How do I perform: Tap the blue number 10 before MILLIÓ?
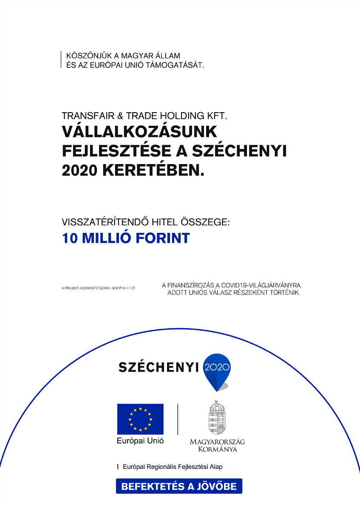tap(70, 238)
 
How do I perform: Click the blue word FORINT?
tap(162, 238)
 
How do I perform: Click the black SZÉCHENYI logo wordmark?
tap(159, 367)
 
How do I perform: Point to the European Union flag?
tap(140, 419)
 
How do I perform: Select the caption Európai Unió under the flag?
tap(140, 441)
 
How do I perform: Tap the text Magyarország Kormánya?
tap(217, 445)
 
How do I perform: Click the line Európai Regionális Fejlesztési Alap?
tap(172, 467)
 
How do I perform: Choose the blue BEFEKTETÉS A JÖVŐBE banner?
tap(179, 486)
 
